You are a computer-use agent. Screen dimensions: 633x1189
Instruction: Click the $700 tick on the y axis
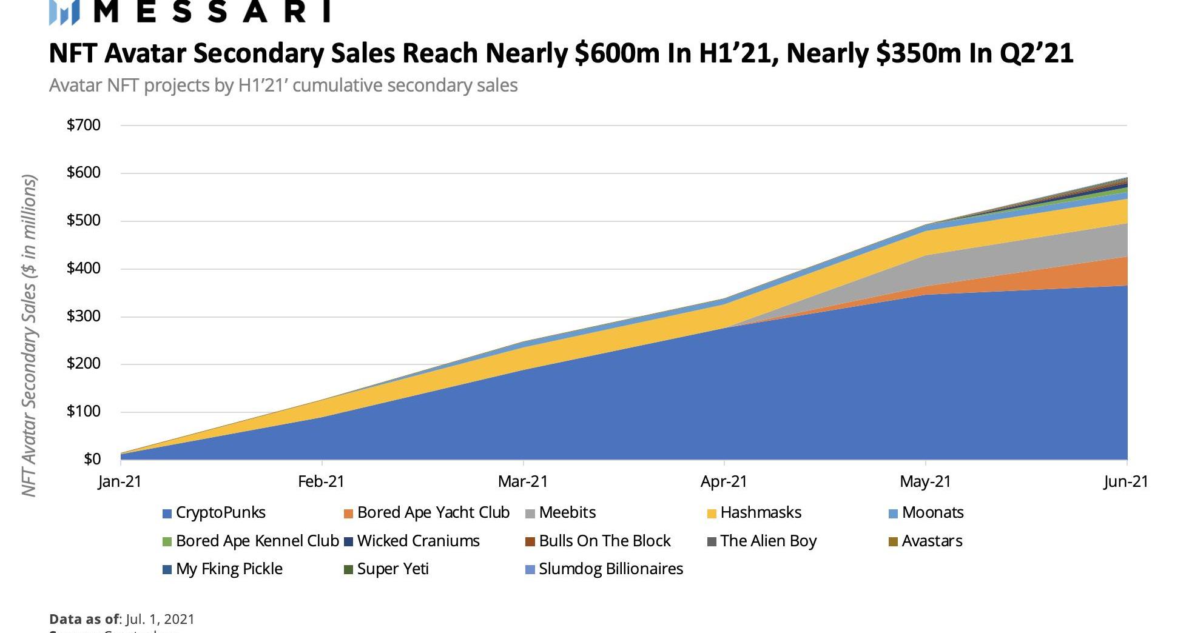pos(84,126)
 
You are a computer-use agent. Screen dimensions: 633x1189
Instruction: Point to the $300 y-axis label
pos(84,316)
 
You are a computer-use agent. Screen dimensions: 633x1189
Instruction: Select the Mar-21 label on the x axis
pos(522,482)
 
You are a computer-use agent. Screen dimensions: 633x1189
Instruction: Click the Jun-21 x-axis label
pos(1126,482)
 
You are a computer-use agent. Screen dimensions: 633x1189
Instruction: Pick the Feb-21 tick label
pos(321,482)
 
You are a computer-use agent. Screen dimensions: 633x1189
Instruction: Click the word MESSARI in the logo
pos(212,11)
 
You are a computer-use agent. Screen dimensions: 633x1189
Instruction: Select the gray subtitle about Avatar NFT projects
pos(283,85)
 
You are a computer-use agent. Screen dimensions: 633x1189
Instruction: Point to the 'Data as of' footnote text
pos(122,619)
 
